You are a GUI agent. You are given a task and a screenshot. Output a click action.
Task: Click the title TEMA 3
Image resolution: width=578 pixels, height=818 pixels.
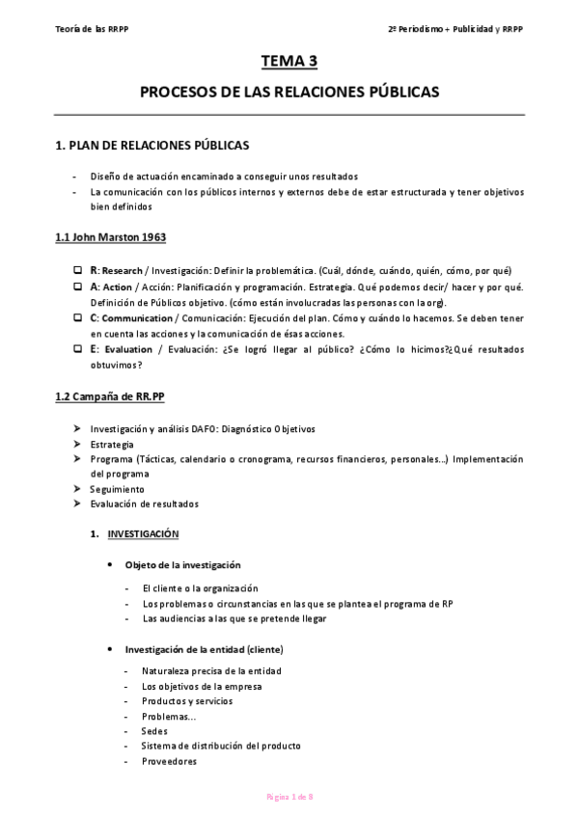[x=289, y=62]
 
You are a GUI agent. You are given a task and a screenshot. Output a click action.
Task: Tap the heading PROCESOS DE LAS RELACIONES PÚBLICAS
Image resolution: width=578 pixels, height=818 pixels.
[x=289, y=93]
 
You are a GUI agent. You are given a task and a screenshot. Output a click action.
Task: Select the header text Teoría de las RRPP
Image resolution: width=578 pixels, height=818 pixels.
[x=93, y=29]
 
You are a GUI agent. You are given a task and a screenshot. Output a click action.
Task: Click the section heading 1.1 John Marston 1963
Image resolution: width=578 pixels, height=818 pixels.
[x=111, y=237]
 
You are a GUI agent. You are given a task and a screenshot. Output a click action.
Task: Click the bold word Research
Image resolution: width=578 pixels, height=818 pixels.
[x=122, y=270]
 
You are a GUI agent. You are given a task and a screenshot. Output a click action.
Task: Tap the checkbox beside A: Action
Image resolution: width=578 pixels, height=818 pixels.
[x=77, y=286]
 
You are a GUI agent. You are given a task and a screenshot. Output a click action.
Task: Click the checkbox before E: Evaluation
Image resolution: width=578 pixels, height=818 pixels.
[x=77, y=349]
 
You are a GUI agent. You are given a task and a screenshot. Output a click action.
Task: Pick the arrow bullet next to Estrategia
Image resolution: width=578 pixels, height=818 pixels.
[x=77, y=444]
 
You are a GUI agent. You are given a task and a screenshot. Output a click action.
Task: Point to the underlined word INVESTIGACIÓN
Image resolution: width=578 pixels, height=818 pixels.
[x=143, y=533]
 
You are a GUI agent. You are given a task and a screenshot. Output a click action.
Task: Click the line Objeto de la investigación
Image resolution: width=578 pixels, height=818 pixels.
[x=182, y=564]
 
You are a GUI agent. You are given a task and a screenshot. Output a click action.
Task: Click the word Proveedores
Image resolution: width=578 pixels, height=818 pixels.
[x=169, y=761]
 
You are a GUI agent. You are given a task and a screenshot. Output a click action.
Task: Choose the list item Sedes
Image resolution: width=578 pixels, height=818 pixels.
[x=154, y=731]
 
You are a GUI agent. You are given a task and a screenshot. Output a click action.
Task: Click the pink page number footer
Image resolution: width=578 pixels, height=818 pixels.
[x=289, y=797]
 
